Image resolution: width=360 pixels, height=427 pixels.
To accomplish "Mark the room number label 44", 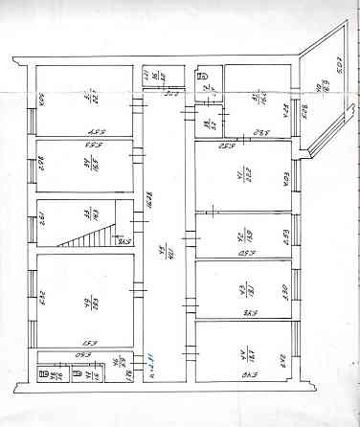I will [x=243, y=350].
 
